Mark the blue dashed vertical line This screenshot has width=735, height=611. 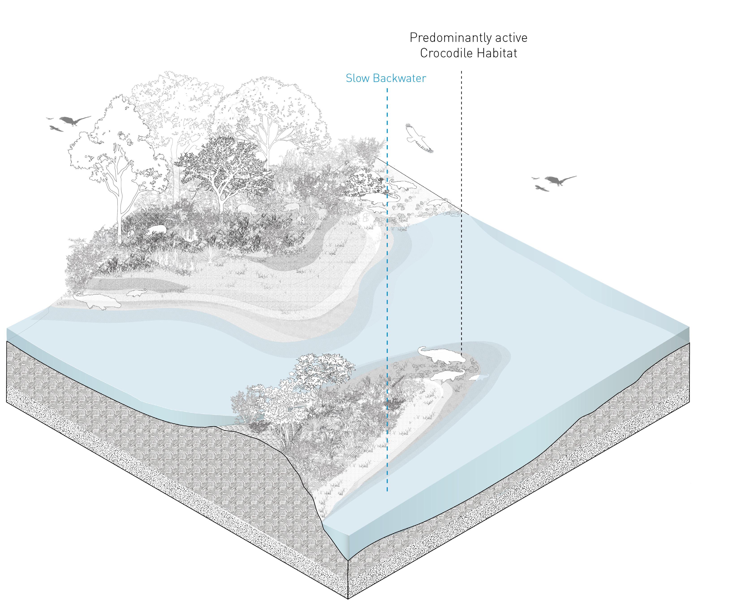point(387,280)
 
